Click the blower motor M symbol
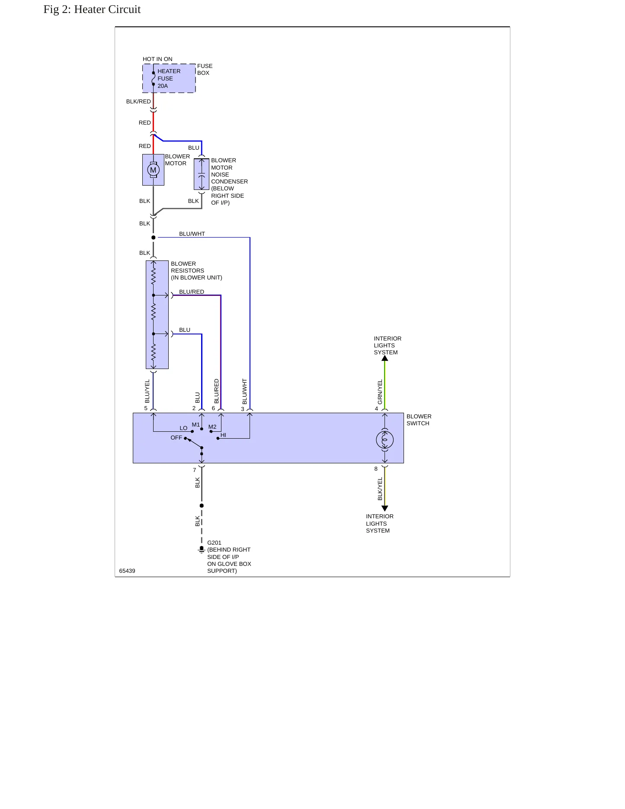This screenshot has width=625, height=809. (x=153, y=170)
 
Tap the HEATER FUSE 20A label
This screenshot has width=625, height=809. (x=169, y=79)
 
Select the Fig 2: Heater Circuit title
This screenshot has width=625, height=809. (x=92, y=10)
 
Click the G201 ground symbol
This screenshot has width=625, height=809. (x=202, y=549)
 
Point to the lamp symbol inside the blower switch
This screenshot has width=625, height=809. (x=385, y=440)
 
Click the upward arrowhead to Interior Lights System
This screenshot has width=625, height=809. (x=385, y=358)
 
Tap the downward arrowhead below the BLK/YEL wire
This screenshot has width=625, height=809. (x=385, y=508)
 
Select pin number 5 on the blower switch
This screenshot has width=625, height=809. (x=146, y=408)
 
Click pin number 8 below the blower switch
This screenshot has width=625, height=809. (x=376, y=469)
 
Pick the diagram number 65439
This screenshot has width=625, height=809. (x=127, y=571)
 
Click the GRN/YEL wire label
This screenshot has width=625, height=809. (x=380, y=392)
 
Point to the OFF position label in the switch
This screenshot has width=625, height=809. (x=176, y=438)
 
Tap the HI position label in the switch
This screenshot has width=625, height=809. (x=223, y=435)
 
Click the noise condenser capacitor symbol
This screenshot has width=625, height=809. (x=202, y=174)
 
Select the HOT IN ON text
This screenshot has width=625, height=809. (x=157, y=59)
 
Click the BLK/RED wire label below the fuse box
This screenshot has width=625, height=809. (x=138, y=102)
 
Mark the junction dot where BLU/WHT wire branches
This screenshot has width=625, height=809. (x=154, y=238)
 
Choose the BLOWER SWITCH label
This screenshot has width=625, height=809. (x=419, y=420)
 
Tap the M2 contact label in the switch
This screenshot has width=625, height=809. (x=212, y=427)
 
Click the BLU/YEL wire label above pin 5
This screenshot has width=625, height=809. (x=147, y=392)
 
